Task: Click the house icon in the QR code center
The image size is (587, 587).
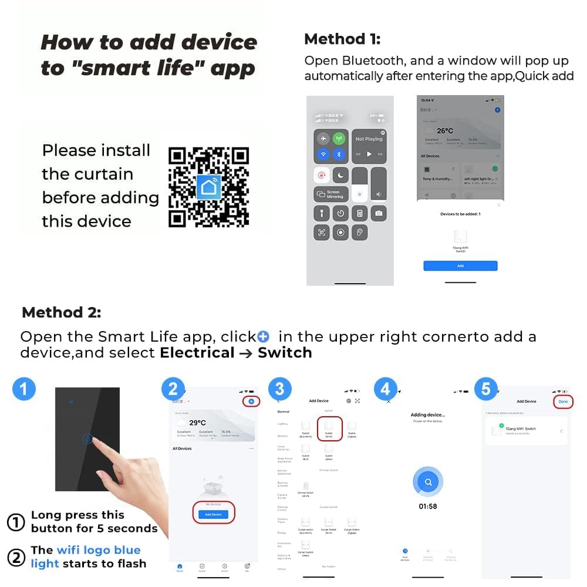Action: [x=209, y=187]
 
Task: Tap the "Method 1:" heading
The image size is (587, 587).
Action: [x=342, y=39]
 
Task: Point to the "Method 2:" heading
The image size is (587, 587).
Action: [x=61, y=312]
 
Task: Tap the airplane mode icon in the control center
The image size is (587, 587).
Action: [x=323, y=139]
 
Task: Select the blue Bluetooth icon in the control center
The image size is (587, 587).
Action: [x=339, y=154]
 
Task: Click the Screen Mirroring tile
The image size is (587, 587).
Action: [x=331, y=194]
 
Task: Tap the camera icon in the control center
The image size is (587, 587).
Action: [x=379, y=213]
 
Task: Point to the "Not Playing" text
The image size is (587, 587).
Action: [x=369, y=139]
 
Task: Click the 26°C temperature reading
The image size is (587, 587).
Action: [x=445, y=130]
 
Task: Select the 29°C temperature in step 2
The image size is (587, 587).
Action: [x=197, y=423]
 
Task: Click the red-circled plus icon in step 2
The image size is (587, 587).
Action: [x=251, y=401]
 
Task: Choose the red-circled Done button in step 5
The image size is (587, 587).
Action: [x=563, y=402]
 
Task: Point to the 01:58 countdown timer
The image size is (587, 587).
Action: [x=428, y=506]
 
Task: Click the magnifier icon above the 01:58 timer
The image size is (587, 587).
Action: [x=429, y=482]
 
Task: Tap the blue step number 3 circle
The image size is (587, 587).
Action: [x=280, y=389]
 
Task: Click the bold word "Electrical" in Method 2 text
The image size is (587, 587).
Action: [x=197, y=353]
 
